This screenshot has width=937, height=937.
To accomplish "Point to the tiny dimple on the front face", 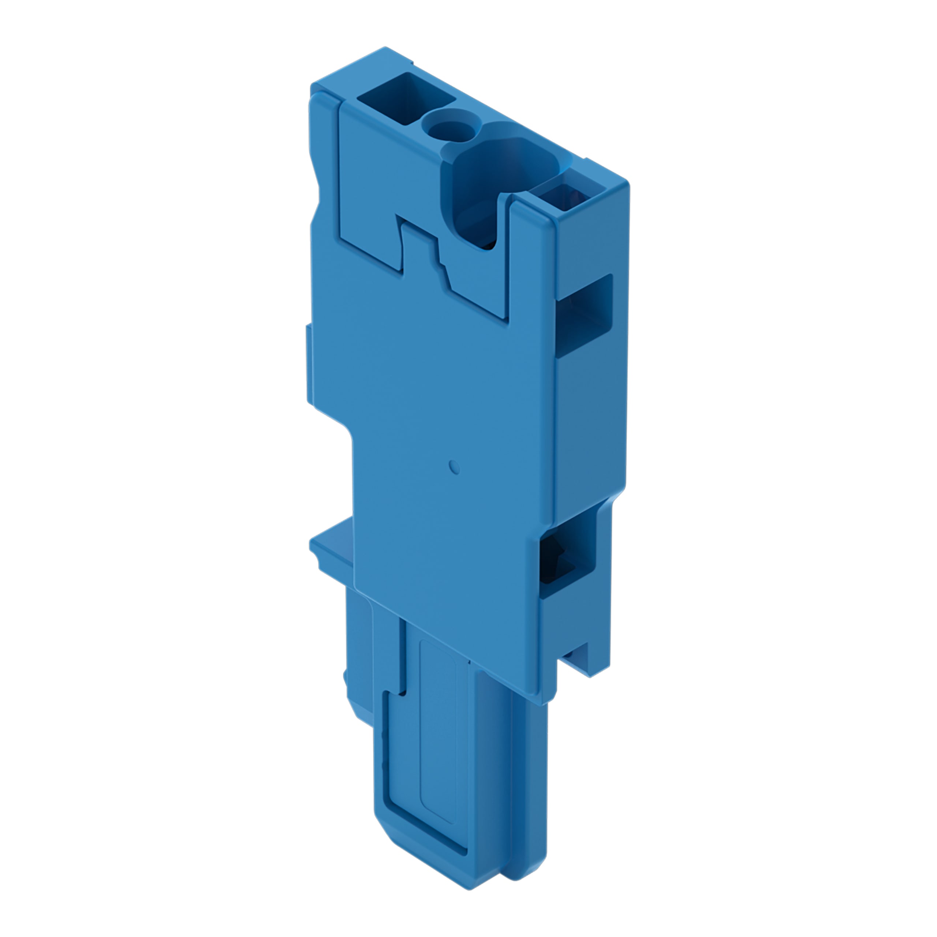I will [455, 467].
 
